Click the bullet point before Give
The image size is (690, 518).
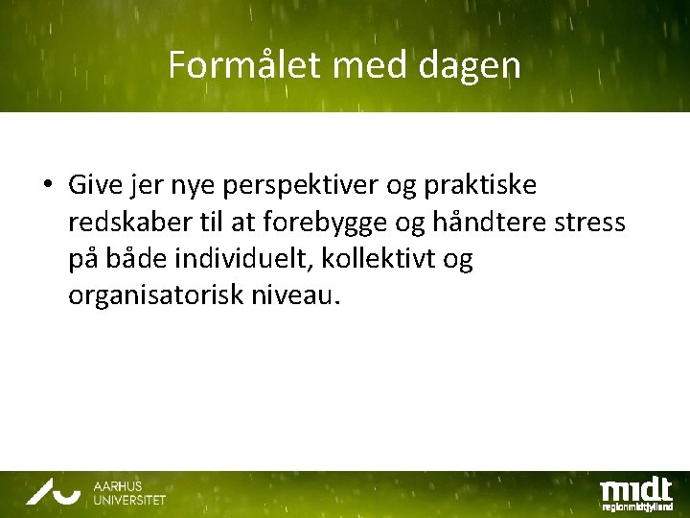point(46,185)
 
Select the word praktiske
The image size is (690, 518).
point(477,185)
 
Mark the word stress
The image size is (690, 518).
point(596,223)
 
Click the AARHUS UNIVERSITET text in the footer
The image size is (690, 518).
point(128,493)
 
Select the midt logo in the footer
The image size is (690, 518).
point(635,485)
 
